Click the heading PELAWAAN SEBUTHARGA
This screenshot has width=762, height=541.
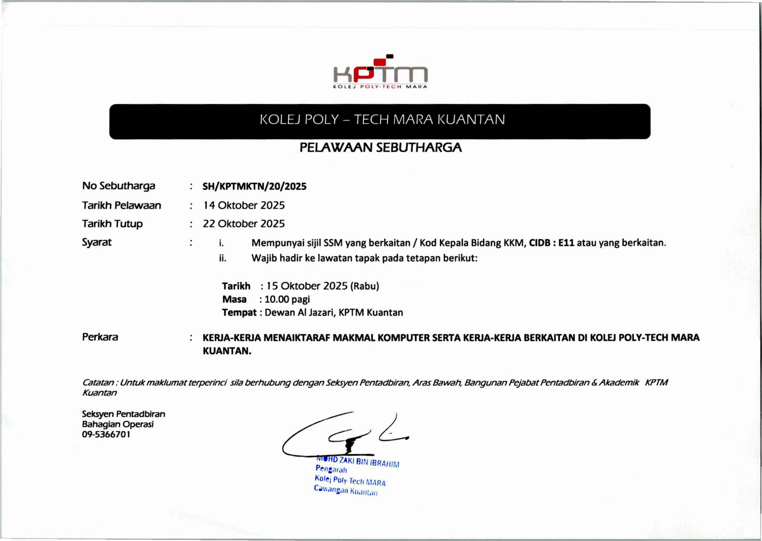tap(381, 147)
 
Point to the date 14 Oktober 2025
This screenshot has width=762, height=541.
tap(244, 205)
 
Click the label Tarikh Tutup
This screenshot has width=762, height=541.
tap(112, 224)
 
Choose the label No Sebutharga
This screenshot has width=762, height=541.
tap(119, 186)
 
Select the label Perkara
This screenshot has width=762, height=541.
tap(100, 337)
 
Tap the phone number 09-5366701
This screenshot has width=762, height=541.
tap(106, 435)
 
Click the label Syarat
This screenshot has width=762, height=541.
tap(97, 242)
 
